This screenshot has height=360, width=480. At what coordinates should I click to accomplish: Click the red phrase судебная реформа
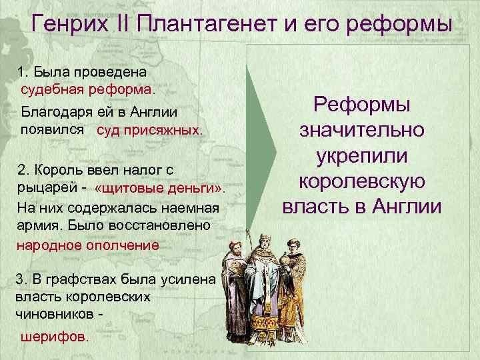coord(87,87)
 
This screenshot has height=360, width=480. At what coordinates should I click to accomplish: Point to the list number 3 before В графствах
coord(19,279)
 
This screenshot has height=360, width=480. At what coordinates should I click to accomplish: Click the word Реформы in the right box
coord(363,105)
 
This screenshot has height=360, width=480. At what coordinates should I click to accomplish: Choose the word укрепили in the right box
coord(363,156)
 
